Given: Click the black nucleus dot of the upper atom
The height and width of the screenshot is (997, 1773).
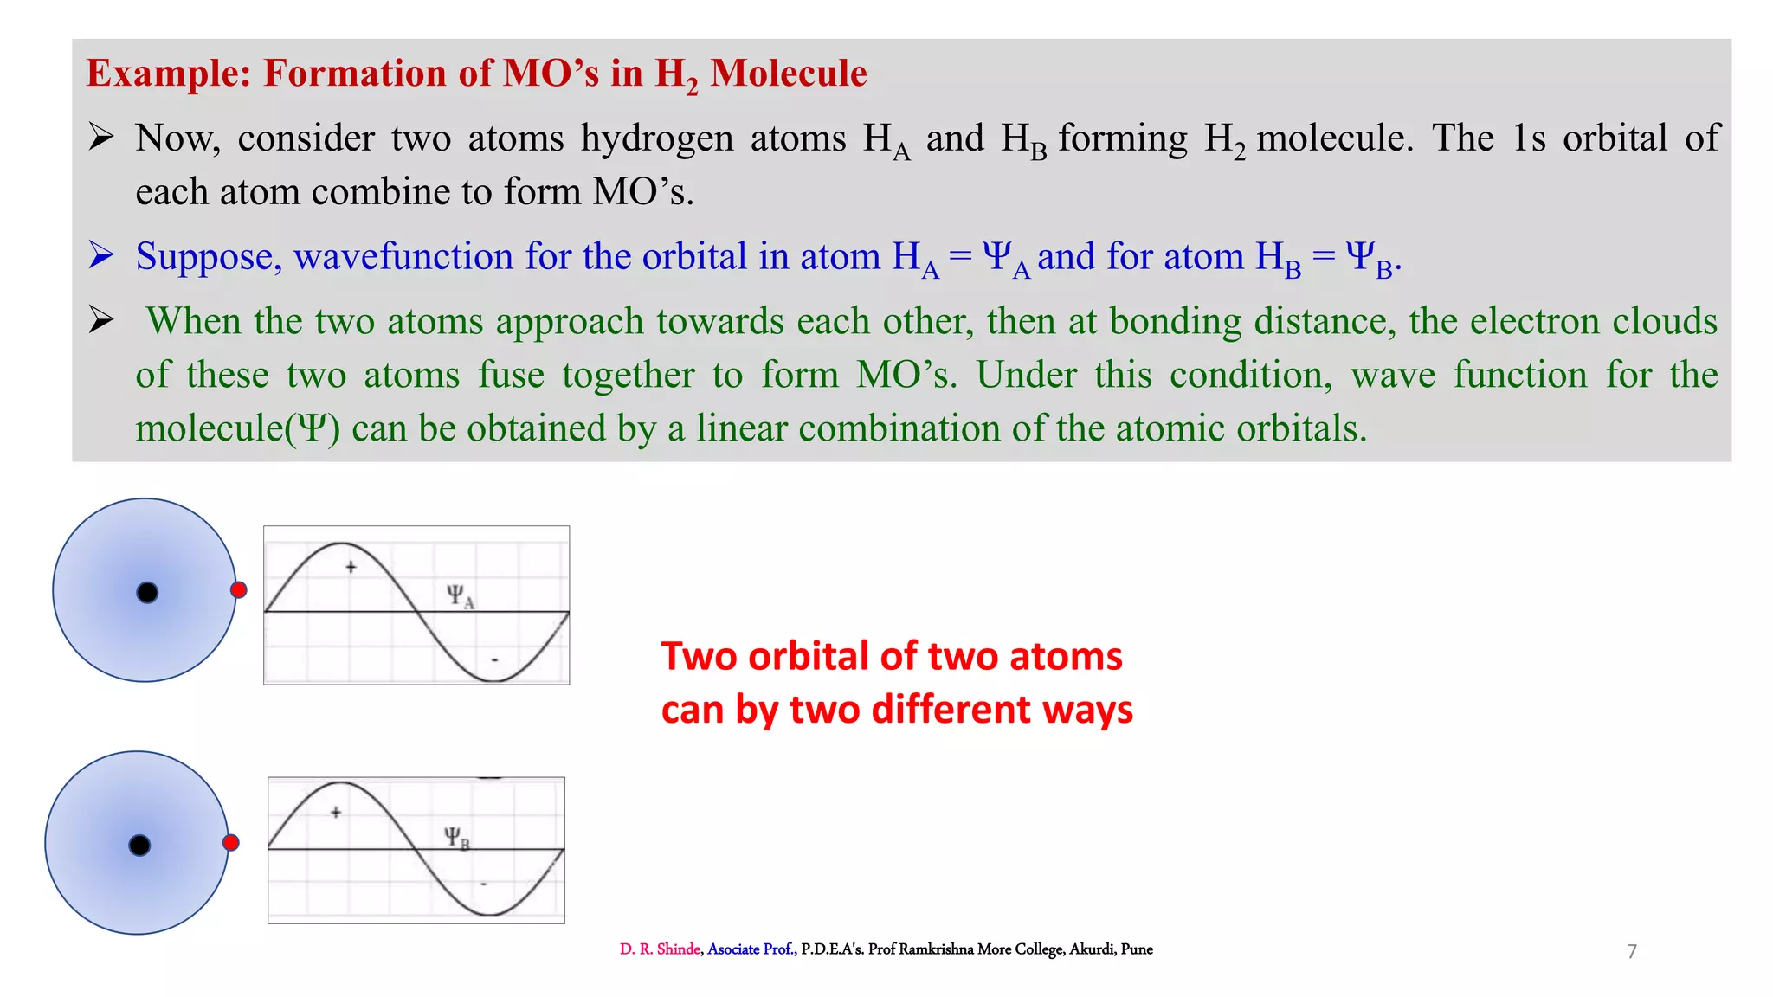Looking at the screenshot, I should pos(147,593).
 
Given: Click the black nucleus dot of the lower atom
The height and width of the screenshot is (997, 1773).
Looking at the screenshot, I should pos(139,846).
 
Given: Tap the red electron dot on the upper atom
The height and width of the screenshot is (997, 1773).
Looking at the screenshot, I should pos(239,590).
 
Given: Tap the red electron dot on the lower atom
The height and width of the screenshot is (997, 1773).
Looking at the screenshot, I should pos(231,843).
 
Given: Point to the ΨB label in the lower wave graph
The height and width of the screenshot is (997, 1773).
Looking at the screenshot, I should pos(456,838).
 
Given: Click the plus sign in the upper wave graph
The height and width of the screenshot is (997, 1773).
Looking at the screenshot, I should pos(351,568).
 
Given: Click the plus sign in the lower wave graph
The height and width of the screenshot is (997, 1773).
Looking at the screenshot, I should pos(336,813).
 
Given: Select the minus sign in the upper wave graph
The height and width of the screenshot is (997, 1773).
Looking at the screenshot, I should pos(494,660).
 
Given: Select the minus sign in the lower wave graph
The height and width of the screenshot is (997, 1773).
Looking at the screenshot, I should pos(483,884).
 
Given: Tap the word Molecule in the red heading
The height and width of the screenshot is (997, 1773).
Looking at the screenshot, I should pos(788,74).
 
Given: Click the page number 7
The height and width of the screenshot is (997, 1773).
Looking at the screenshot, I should pos(1632,952).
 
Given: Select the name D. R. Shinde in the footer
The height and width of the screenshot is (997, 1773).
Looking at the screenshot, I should pos(660,949).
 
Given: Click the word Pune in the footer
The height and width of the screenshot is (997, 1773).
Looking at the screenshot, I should pos(1137,949).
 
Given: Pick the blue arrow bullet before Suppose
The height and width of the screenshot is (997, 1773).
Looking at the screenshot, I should pos(101,256).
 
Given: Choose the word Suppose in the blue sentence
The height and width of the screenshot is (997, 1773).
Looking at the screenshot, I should pos(209,258).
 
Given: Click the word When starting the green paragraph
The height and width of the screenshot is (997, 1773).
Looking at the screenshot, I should pos(194,321).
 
